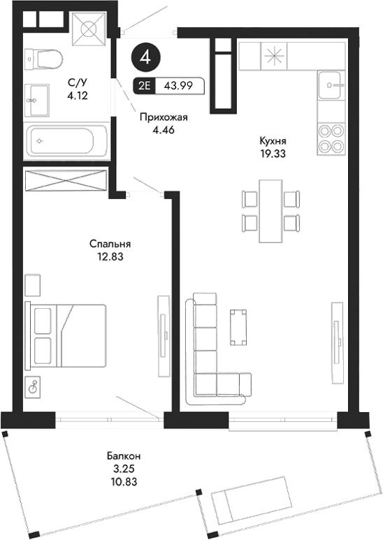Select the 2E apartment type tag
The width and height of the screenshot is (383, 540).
coord(143,86)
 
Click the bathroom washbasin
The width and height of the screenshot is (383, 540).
coord(38,100)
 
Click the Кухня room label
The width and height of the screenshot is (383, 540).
coord(272,139)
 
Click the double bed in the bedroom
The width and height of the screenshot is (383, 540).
coord(66,336)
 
